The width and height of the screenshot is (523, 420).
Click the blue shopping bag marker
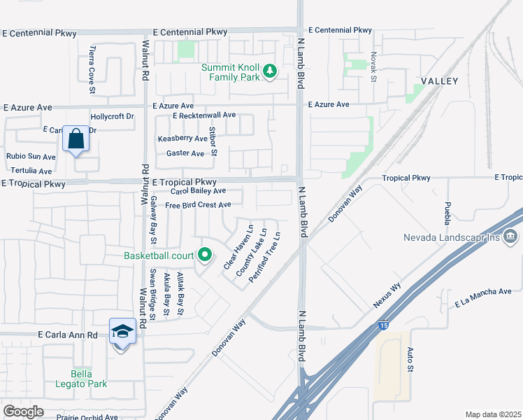tap(76, 139)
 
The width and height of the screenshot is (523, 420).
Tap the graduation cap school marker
tap(122, 331)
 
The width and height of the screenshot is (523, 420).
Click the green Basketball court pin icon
tap(204, 255)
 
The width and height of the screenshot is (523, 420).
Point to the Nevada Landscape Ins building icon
tap(510, 237)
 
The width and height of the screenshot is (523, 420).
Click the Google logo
tap(23, 411)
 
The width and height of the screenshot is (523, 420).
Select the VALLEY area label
tap(438, 81)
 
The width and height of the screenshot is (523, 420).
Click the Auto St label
tap(410, 360)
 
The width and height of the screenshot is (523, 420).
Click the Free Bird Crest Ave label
tap(198, 205)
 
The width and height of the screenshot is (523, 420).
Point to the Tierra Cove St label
tap(92, 62)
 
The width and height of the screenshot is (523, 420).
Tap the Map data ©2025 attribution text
tap(493, 414)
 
